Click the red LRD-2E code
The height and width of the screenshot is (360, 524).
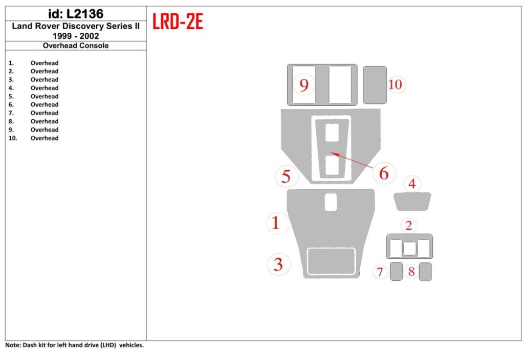(x=178, y=21)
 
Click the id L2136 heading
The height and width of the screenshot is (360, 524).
(x=75, y=14)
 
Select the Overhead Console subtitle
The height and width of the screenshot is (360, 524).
(x=75, y=46)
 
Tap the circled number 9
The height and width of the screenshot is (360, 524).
(x=304, y=85)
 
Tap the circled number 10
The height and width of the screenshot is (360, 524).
(x=395, y=84)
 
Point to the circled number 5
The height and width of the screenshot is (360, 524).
(x=287, y=176)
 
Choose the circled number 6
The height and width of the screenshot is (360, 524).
(x=383, y=173)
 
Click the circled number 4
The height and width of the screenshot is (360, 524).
(x=412, y=183)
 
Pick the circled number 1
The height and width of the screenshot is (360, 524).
(x=276, y=223)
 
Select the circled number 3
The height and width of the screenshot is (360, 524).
(x=278, y=264)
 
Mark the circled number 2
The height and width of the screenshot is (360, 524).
(x=408, y=225)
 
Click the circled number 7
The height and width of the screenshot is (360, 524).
(x=380, y=272)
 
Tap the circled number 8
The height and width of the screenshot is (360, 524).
(x=411, y=272)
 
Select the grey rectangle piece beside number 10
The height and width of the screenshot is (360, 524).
(x=375, y=84)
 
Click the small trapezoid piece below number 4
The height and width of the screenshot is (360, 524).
(x=412, y=201)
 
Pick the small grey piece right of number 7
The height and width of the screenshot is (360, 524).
(x=396, y=272)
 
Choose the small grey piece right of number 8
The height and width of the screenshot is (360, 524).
(x=425, y=272)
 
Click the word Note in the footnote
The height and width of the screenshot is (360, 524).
(x=13, y=345)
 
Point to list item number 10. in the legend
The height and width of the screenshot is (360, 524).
(x=13, y=138)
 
